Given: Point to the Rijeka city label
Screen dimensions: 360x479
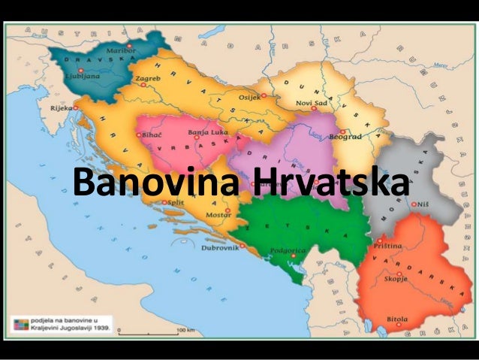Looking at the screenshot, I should click(x=62, y=107).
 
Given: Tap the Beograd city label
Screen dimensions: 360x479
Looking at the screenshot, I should click(x=345, y=138).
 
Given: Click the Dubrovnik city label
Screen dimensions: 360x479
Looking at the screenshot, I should click(x=219, y=247).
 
